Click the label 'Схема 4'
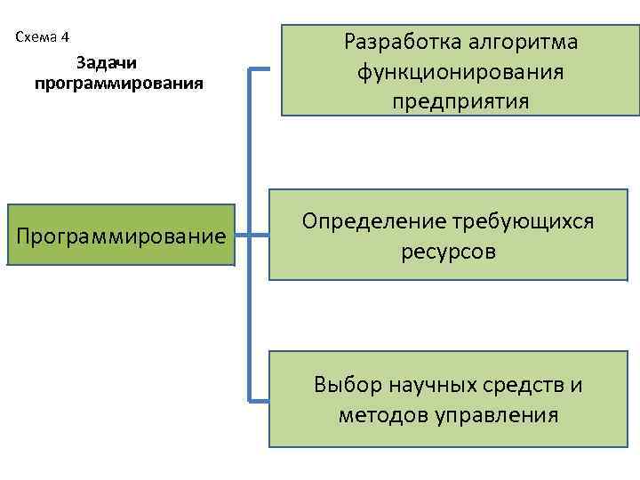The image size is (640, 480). [x=43, y=37]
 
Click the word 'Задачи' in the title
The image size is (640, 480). [x=107, y=63]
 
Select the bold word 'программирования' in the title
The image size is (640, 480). [x=119, y=84]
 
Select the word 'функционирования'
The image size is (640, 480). [x=460, y=72]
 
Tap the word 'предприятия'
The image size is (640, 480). [x=460, y=102]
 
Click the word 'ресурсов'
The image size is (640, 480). [x=448, y=252]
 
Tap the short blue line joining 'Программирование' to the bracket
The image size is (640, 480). [x=243, y=236]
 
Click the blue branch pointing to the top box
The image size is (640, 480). [x=260, y=68]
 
